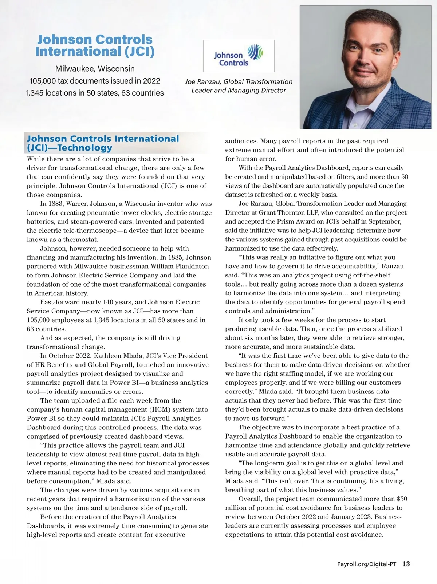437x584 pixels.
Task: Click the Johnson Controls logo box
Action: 239,56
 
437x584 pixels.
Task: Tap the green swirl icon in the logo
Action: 255,52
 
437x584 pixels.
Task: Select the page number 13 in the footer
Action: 406,564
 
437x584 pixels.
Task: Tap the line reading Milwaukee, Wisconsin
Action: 95,69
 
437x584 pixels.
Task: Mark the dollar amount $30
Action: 402,499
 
